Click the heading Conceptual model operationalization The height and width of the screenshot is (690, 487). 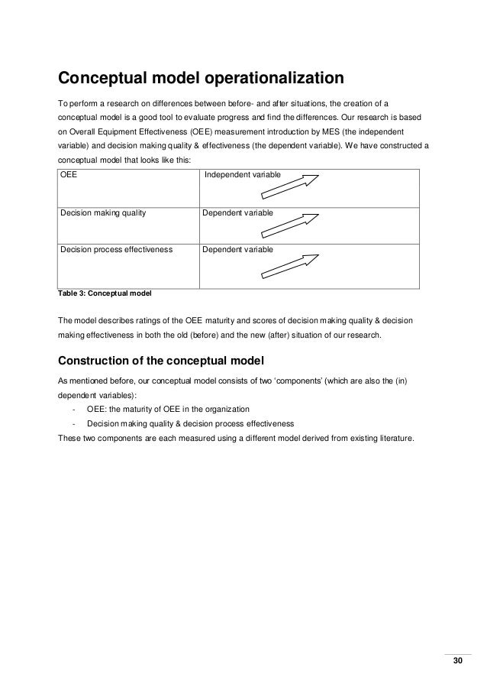pyautogui.click(x=202, y=79)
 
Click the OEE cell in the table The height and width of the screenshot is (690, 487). pyautogui.click(x=68, y=176)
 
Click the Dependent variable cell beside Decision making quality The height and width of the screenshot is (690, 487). pyautogui.click(x=237, y=212)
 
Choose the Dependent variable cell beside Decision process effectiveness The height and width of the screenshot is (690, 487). pyautogui.click(x=237, y=249)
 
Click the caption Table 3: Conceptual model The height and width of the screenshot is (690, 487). pyautogui.click(x=105, y=293)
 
